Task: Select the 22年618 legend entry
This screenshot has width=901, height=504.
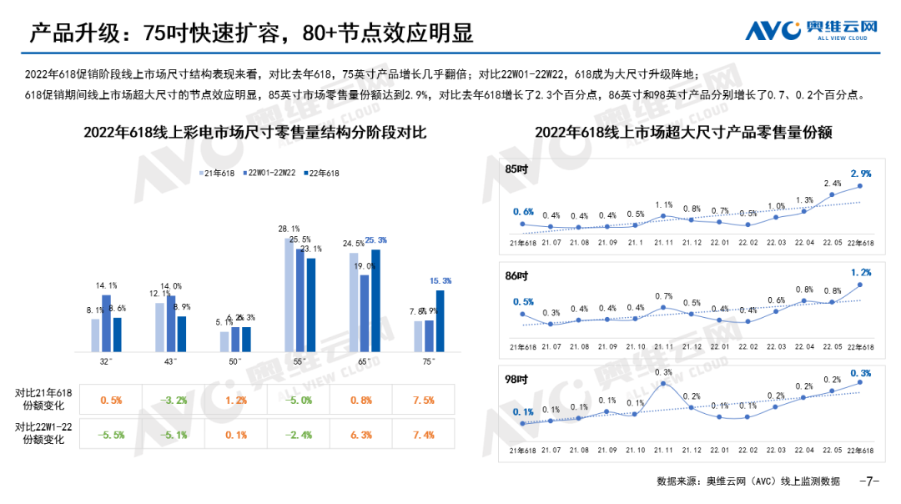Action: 320,173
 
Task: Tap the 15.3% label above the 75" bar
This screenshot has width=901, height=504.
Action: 440,281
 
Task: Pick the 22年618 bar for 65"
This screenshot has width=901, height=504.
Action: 375,300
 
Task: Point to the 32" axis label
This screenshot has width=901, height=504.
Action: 107,361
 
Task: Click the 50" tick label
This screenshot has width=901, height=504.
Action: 235,361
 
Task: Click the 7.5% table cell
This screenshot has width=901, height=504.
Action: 424,400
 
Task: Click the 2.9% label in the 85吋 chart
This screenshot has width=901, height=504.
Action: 860,174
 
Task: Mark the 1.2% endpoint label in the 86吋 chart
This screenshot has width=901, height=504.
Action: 860,272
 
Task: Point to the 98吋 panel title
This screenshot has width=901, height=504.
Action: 517,376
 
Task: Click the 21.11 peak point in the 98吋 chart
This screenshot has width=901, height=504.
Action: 663,385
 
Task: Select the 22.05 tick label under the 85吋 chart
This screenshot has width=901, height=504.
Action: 833,242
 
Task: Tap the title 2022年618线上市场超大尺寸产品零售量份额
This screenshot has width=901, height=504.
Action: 683,133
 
